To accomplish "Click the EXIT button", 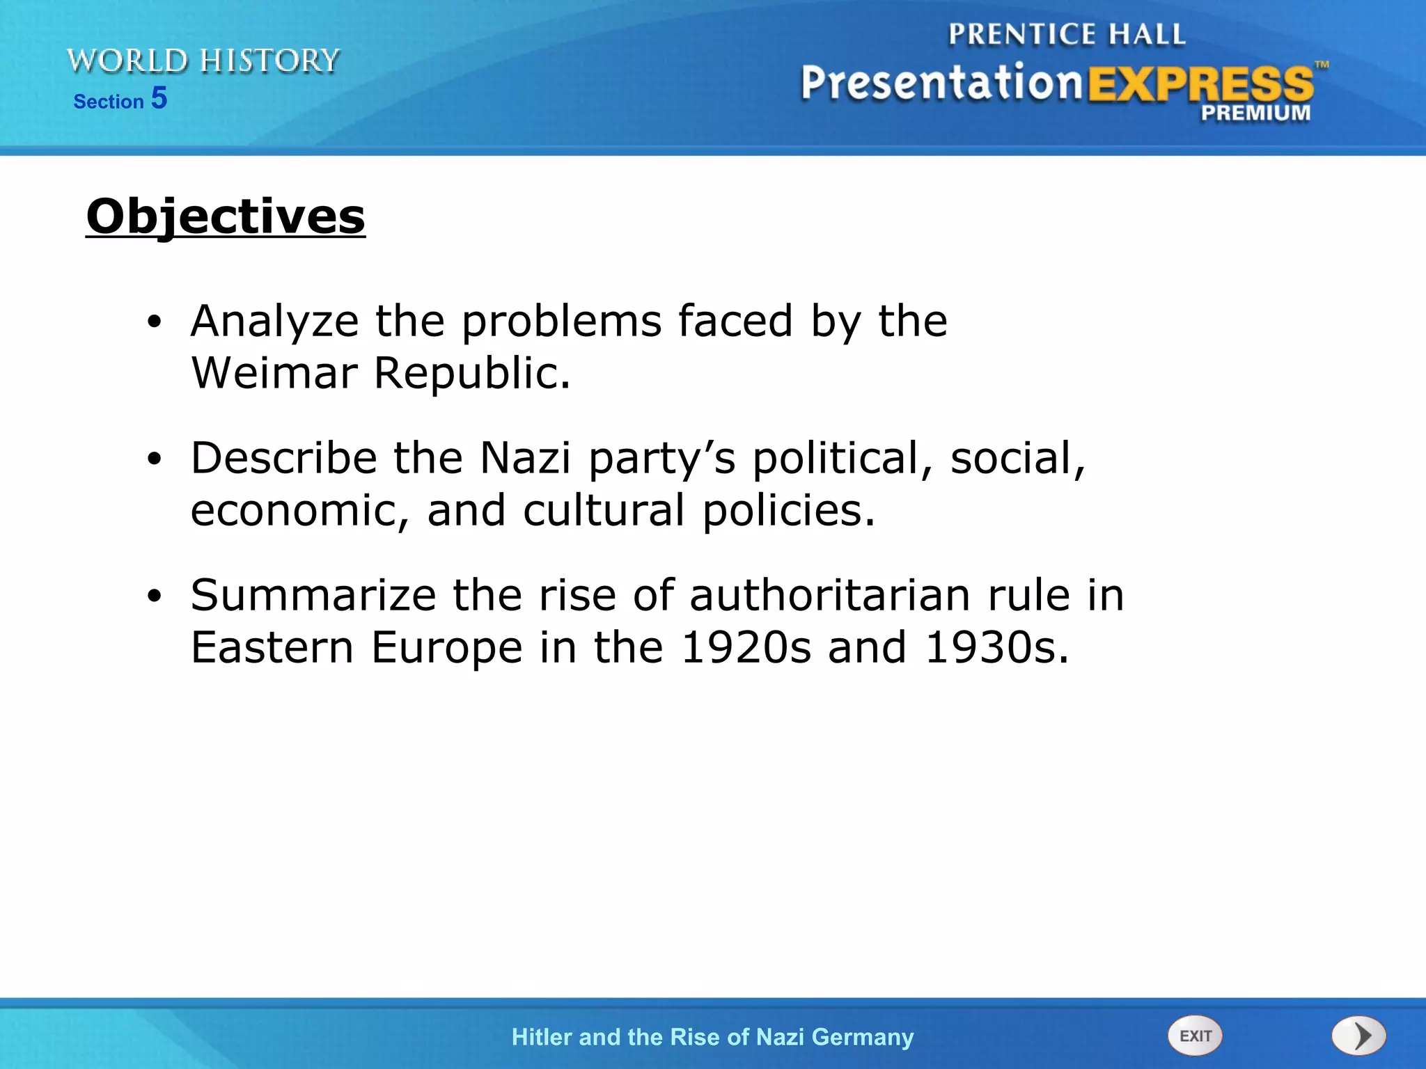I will coord(1195,1036).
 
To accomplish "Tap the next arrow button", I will coord(1358,1036).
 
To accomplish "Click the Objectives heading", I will coord(226,216).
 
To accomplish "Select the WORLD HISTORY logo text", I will coord(203,61).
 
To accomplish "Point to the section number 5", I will coord(159,98).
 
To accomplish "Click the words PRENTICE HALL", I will coord(1067,34).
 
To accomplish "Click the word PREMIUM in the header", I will coord(1255,113).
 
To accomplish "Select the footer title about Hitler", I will coord(712,1037).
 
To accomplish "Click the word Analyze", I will coord(275,322).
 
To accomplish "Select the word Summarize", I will coord(313,596).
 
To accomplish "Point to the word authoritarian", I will coord(830,596).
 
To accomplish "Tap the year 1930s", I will coord(996,647).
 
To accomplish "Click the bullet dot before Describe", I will coord(155,459).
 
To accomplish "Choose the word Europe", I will coord(446,648).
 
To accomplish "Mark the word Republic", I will coord(472,373).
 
